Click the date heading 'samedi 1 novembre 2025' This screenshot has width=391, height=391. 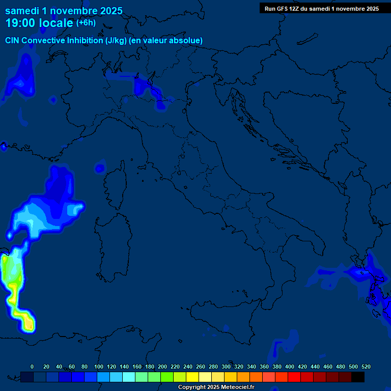[64, 11]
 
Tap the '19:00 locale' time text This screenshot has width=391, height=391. [40, 23]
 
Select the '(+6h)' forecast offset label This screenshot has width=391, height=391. [86, 23]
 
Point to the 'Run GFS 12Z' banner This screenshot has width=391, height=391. [321, 8]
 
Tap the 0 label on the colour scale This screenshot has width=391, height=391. [32, 367]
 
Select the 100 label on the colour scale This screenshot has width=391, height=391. [99, 367]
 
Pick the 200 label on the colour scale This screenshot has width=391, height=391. [162, 367]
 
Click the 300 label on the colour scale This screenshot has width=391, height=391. [226, 367]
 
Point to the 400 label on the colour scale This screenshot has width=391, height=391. [290, 367]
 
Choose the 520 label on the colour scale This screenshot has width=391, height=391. [366, 367]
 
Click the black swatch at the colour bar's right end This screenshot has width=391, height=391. [358, 377]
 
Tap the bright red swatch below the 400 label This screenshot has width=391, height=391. [294, 377]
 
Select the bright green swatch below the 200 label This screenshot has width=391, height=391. [166, 377]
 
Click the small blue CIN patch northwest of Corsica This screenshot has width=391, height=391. [100, 167]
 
